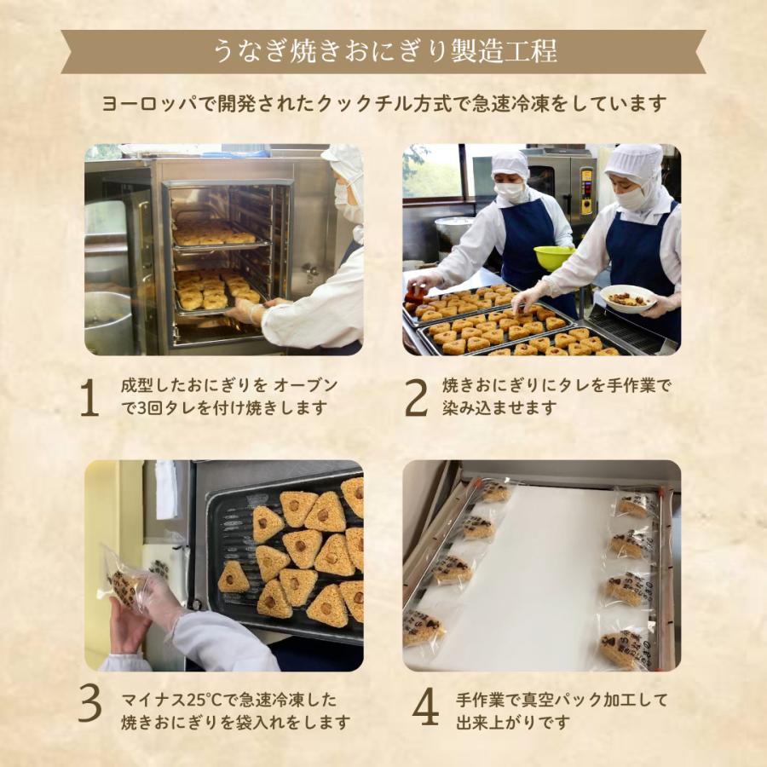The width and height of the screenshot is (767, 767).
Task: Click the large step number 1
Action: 89,398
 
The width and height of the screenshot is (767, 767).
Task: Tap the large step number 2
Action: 416,398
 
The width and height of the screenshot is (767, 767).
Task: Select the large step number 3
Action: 90,704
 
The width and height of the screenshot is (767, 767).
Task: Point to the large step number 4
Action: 425,706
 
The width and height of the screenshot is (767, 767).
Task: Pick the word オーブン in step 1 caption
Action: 306,386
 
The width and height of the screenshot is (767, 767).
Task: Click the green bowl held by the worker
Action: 554,257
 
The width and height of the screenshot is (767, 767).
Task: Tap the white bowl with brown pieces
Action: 627,298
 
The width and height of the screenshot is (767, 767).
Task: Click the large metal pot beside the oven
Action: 108,323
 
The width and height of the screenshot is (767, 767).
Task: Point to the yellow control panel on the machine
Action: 585,190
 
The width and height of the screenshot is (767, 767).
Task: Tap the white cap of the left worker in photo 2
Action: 510,165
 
